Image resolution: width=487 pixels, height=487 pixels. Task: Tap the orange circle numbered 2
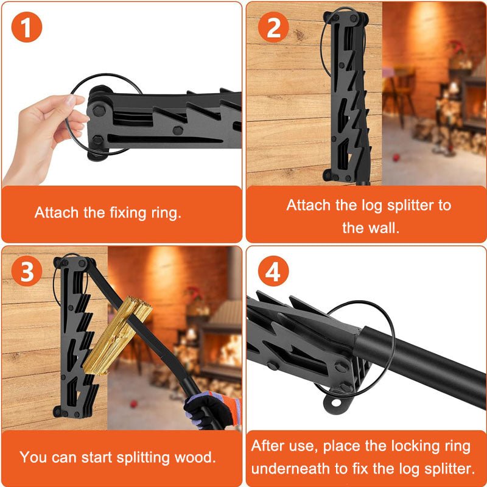(273, 29)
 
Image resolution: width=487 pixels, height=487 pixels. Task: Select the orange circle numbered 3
(27, 272)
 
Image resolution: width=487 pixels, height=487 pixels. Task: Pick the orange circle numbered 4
(273, 272)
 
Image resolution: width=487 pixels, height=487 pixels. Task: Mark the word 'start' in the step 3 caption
(93, 457)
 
